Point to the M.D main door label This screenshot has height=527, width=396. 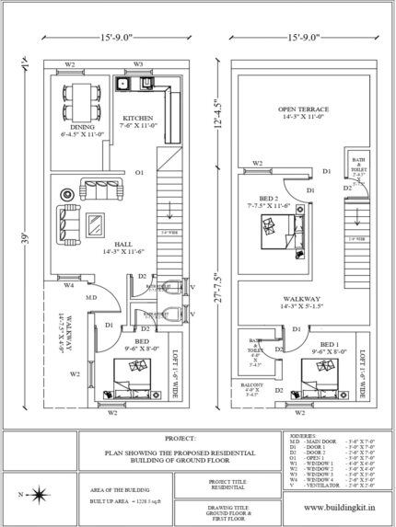coord(92,298)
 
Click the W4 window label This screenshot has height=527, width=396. coord(68,286)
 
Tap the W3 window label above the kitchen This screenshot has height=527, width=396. coord(138,64)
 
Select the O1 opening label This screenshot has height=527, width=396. coord(139,172)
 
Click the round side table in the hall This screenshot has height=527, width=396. coord(66,195)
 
